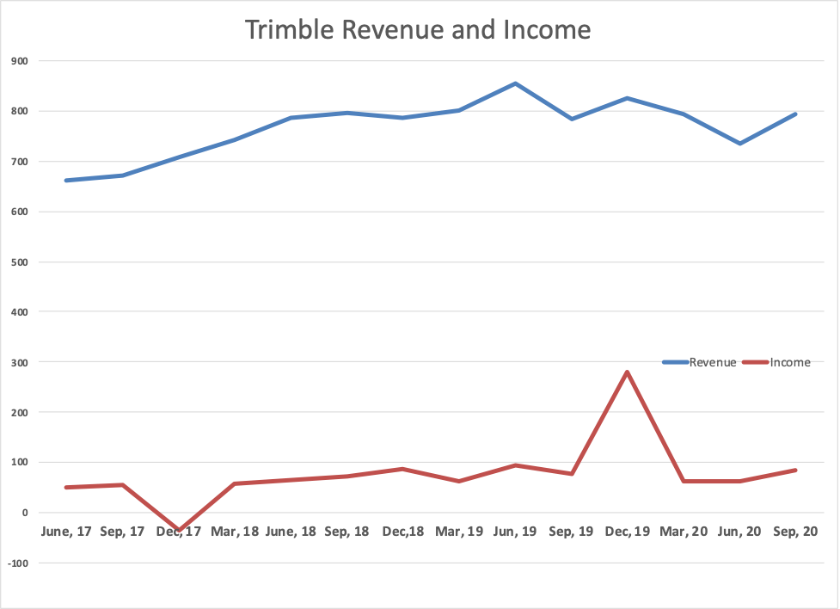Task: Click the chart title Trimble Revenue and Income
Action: (x=418, y=29)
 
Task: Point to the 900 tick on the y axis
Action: (x=20, y=61)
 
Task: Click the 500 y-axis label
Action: (x=20, y=261)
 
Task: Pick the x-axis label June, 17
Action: (x=66, y=532)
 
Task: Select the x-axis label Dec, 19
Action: (x=627, y=532)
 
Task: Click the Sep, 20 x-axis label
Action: (x=795, y=532)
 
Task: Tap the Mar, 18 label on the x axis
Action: (x=234, y=532)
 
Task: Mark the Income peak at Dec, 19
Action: (x=627, y=372)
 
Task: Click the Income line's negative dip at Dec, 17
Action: (x=179, y=530)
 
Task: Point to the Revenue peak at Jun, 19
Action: (x=515, y=83)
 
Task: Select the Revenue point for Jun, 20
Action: (x=739, y=144)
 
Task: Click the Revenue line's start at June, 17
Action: (x=66, y=181)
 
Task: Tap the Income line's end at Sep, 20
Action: (x=795, y=471)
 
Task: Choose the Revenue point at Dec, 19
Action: (x=627, y=98)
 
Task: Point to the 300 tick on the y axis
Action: (x=20, y=362)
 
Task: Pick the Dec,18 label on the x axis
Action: (x=402, y=532)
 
